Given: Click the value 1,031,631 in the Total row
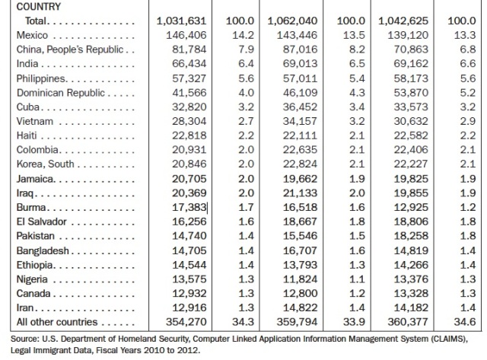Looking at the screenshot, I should (x=180, y=21).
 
